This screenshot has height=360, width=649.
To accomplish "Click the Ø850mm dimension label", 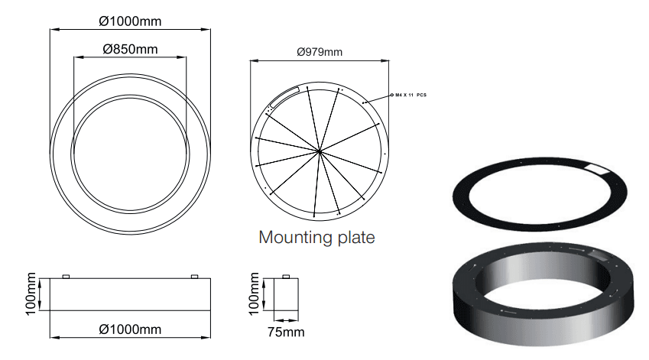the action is click(x=131, y=49).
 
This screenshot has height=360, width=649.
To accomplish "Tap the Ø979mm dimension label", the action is click(x=320, y=52).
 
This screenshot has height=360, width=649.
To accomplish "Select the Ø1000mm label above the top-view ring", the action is click(x=130, y=21).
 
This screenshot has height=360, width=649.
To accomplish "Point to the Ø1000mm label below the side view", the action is click(x=130, y=329).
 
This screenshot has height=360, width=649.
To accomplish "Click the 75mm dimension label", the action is click(x=286, y=332).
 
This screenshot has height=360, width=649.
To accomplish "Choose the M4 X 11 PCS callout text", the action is click(x=410, y=96).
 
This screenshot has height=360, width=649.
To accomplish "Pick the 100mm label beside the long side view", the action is click(x=31, y=294).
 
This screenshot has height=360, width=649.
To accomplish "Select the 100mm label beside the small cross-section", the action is click(x=254, y=294).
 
